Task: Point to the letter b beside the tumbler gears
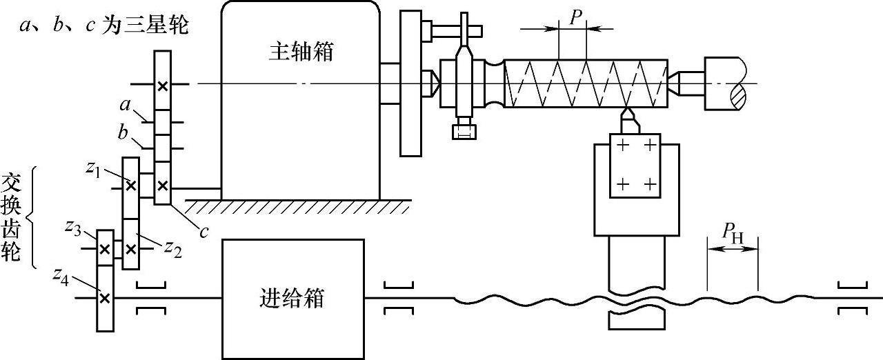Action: (123, 132)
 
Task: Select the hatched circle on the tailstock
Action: (737, 94)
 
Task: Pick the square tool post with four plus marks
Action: (635, 166)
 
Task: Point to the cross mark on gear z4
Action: (104, 298)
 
